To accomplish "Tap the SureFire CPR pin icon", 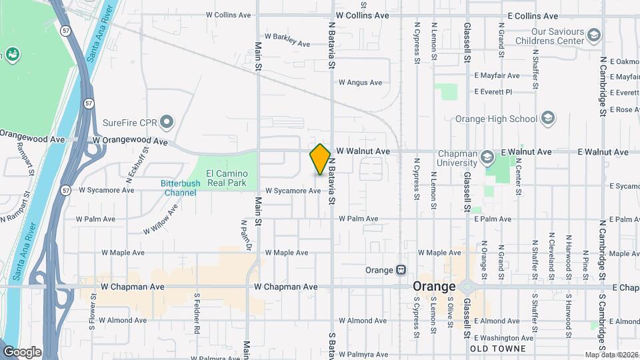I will click(167, 122).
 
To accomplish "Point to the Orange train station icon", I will click(401, 270).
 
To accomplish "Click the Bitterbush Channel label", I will click(178, 188).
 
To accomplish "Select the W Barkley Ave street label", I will click(287, 40).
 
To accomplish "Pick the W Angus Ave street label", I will click(360, 83).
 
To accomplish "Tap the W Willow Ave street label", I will click(161, 219).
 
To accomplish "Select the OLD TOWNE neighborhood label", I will click(497, 349).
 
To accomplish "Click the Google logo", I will click(22, 351).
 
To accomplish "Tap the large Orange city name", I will click(434, 286).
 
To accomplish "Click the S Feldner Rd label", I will click(197, 313).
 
